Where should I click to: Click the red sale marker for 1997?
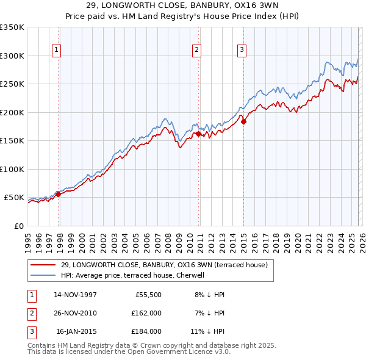click(59, 195)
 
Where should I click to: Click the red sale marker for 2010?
click(198, 134)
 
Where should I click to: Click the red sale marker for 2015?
click(243, 121)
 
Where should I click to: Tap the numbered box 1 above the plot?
click(56, 50)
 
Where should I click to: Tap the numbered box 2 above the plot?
click(197, 50)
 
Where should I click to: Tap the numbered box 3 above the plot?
click(242, 50)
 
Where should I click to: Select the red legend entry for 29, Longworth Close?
click(164, 265)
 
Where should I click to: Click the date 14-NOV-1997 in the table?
click(75, 295)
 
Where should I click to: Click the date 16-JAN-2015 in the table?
click(76, 331)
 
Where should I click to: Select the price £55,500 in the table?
click(146, 295)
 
